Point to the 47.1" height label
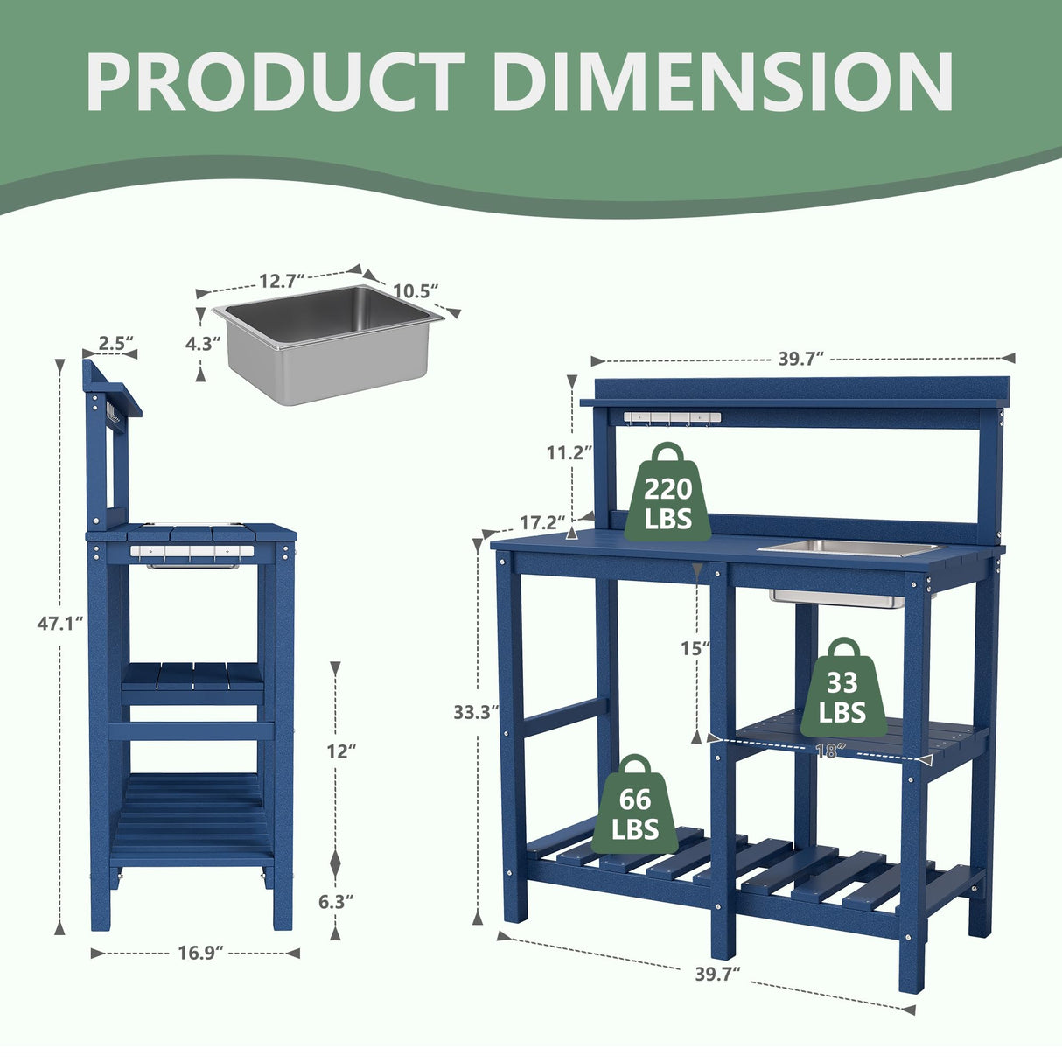[x=60, y=624]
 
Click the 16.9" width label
[x=196, y=954]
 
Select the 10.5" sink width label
[x=415, y=291]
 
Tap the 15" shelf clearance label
[x=695, y=648]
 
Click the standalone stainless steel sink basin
[x=327, y=343]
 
